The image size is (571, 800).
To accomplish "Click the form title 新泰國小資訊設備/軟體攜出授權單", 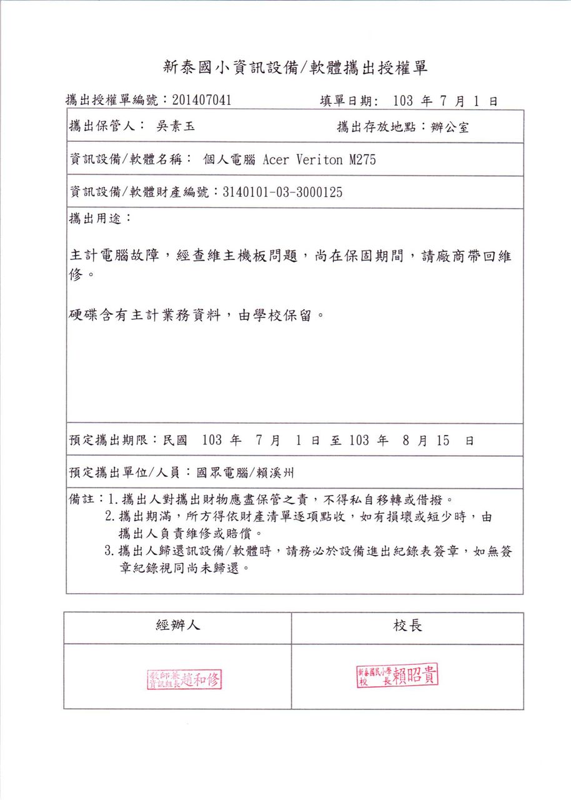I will click(x=295, y=68).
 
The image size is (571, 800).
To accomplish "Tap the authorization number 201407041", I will click(x=202, y=100).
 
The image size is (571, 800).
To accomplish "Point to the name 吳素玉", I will click(x=175, y=127).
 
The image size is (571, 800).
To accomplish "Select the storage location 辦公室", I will click(x=450, y=127).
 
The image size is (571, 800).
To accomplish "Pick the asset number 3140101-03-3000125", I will click(x=282, y=192).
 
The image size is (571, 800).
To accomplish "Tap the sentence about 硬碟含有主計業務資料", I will click(x=197, y=315).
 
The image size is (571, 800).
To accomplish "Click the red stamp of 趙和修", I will click(x=185, y=679).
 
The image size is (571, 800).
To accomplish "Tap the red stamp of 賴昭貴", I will click(x=397, y=676).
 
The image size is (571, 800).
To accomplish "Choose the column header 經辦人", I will click(x=178, y=626).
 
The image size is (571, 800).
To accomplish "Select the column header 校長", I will click(x=407, y=626).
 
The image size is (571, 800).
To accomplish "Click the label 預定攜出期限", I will click(x=112, y=440).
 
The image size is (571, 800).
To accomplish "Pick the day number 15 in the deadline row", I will click(x=443, y=440).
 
